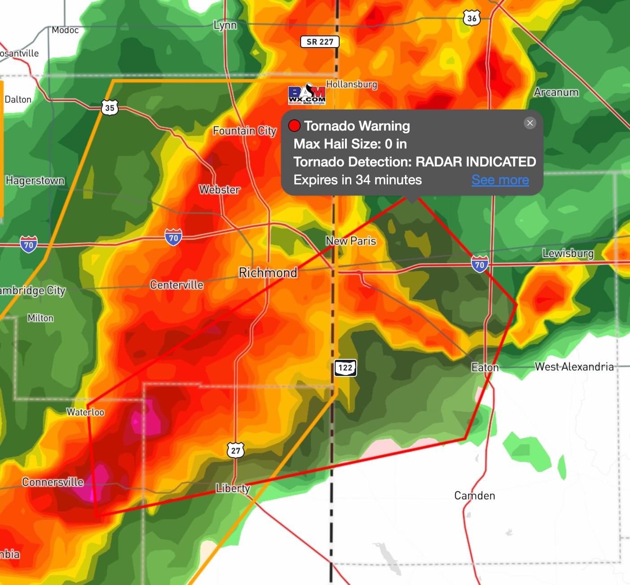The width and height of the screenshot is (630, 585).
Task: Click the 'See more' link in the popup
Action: (500, 180)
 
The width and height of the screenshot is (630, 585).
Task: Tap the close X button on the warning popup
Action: (530, 123)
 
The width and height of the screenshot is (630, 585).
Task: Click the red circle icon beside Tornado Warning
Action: (294, 126)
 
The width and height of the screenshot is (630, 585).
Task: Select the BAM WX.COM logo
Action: (307, 94)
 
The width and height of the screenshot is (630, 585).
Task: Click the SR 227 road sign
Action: (319, 42)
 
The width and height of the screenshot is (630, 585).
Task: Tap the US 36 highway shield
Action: (471, 18)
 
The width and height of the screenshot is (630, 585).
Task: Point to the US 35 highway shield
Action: (110, 108)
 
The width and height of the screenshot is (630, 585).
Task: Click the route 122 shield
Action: (345, 368)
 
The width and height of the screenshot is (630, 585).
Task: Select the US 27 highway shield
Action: (236, 450)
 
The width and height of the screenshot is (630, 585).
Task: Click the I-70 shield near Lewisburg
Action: (479, 264)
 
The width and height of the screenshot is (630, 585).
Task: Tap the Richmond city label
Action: (268, 273)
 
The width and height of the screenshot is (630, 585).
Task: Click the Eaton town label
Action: (485, 367)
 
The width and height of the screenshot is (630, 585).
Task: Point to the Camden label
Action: (475, 496)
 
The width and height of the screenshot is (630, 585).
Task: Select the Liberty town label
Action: (233, 488)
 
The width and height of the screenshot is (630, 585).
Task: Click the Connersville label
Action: (53, 482)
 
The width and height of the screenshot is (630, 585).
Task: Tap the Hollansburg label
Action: (352, 84)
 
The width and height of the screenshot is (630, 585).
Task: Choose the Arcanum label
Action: (556, 92)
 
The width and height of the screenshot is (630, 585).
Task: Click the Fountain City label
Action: (245, 131)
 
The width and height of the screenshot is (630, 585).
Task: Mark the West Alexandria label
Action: (574, 367)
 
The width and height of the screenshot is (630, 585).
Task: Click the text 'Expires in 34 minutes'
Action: (358, 180)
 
